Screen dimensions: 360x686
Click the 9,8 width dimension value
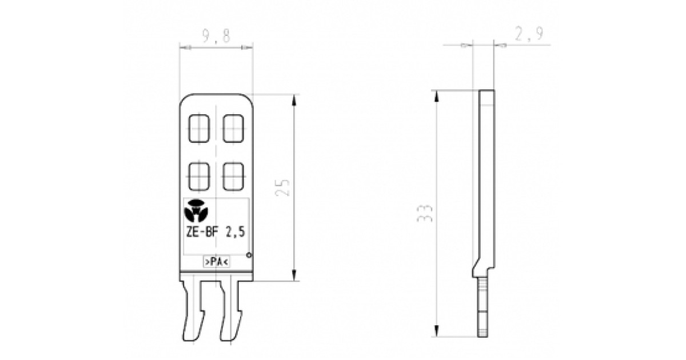click(x=216, y=37)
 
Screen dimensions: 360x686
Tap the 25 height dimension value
click(x=284, y=187)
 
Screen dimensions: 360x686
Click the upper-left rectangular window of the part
click(x=200, y=129)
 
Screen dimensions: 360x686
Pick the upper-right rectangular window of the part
click(x=233, y=129)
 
